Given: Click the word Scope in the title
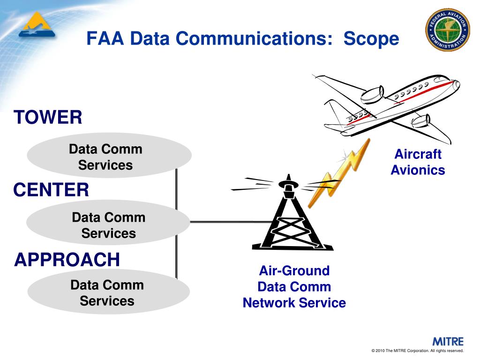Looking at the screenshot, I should click(371, 39).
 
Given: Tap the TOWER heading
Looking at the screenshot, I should click(48, 117).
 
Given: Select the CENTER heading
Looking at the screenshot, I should click(51, 190).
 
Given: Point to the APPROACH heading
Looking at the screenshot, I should click(67, 259).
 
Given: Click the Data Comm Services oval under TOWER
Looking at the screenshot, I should click(109, 156).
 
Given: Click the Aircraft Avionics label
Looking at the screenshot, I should click(418, 162).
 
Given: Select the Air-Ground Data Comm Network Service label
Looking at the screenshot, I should click(294, 287).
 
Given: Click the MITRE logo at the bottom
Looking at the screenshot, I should click(448, 341).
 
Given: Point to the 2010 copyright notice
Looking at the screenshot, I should click(417, 351).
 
